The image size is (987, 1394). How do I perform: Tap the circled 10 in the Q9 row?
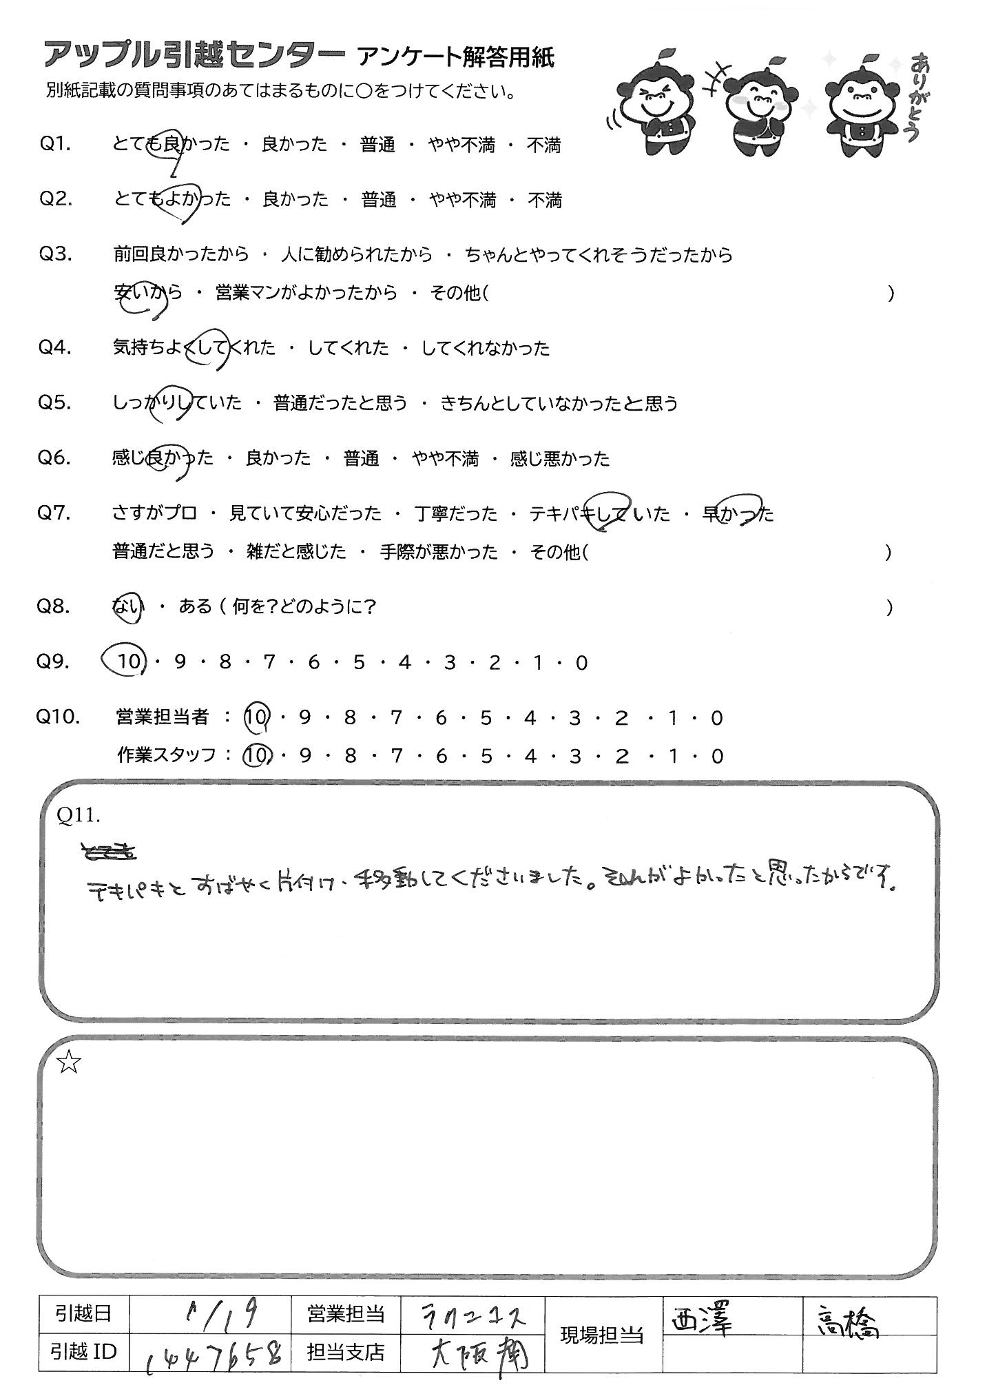click(126, 662)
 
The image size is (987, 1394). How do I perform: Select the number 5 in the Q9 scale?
click(358, 663)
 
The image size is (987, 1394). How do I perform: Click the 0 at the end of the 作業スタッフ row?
click(718, 757)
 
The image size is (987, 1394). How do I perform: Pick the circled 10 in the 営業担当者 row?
click(256, 718)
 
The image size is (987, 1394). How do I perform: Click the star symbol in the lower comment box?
click(69, 1063)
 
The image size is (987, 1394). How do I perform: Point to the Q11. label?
click(79, 816)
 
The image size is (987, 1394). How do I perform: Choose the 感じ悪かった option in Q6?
click(560, 458)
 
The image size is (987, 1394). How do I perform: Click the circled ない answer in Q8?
click(128, 607)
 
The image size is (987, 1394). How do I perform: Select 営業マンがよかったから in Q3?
click(307, 293)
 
